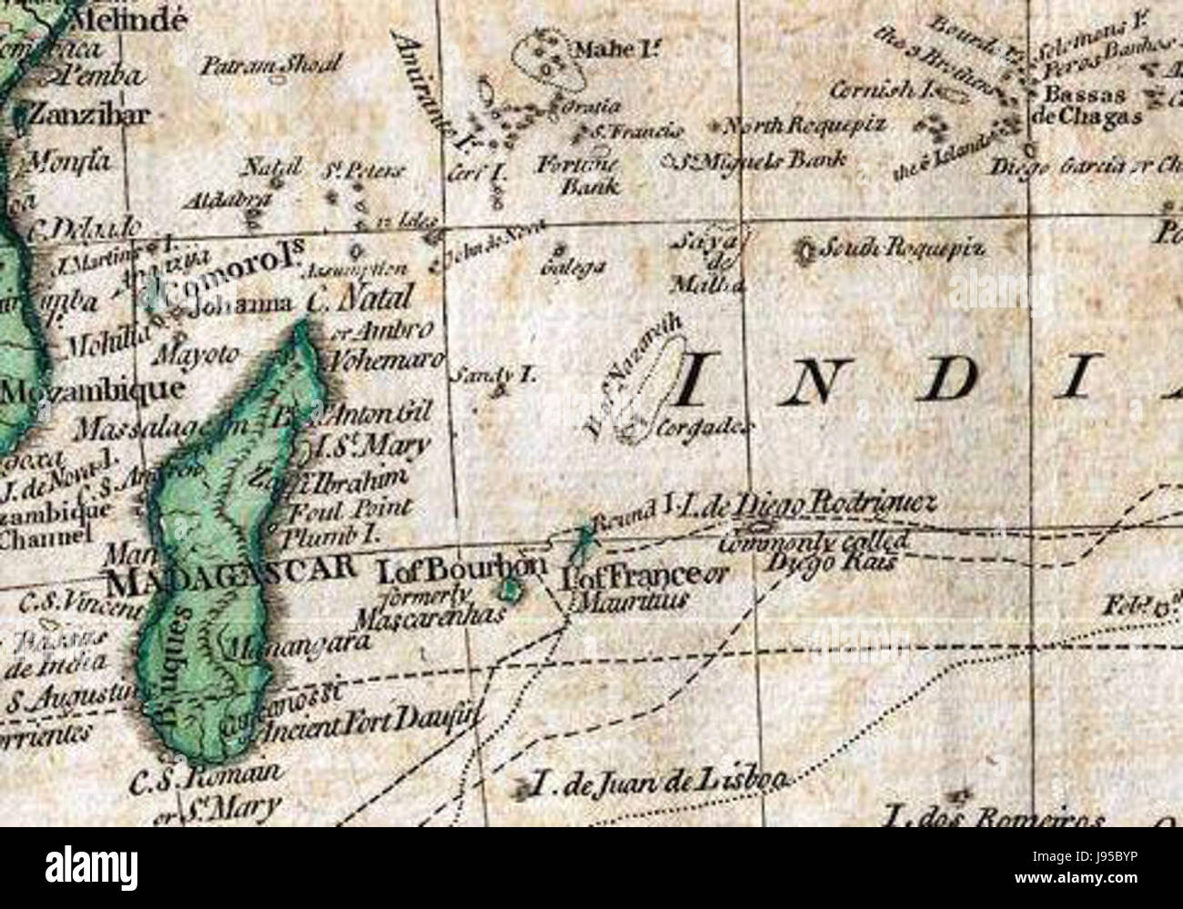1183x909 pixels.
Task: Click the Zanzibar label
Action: [x=89, y=115]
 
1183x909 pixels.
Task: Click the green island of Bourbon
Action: [x=511, y=592]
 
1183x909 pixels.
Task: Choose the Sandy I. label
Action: [x=481, y=373]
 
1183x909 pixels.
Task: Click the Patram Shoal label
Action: [x=270, y=65]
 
